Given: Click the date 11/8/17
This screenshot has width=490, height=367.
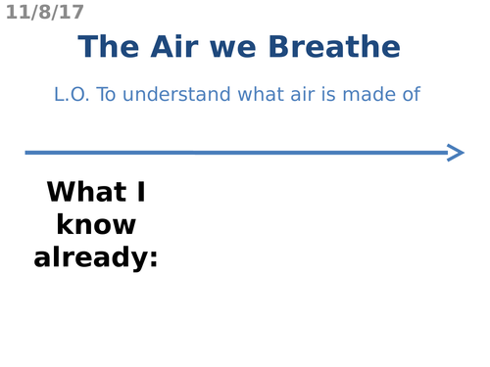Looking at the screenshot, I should pyautogui.click(x=44, y=13).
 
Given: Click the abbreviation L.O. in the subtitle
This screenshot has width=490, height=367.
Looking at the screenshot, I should pyautogui.click(x=72, y=95).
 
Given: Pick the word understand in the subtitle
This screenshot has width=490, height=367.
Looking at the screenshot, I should pyautogui.click(x=167, y=95).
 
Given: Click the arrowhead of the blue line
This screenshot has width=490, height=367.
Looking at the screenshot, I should pyautogui.click(x=456, y=152).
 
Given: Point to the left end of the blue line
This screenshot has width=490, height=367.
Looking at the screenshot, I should pyautogui.click(x=27, y=152).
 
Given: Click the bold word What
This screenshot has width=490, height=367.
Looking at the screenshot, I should pyautogui.click(x=86, y=192).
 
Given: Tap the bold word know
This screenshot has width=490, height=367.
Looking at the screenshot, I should pyautogui.click(x=96, y=225).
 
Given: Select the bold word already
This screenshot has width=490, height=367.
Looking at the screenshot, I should pyautogui.click(x=90, y=258).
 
